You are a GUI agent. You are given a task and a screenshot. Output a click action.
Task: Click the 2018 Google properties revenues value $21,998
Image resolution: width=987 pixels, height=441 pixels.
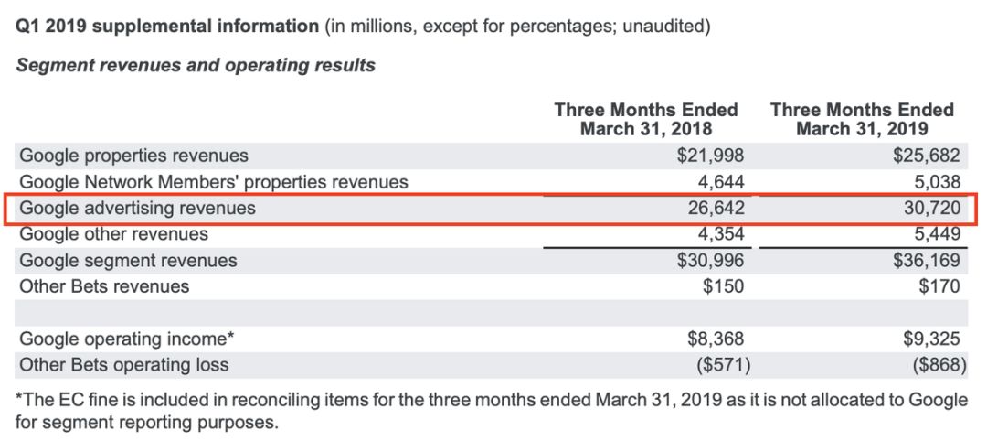[711, 156]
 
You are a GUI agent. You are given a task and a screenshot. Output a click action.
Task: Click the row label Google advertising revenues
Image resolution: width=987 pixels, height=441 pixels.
[138, 209]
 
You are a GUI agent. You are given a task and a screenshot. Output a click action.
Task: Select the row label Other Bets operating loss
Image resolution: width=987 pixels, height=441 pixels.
[124, 365]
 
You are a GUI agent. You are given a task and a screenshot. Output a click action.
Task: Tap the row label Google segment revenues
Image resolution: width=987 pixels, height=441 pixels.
[129, 261]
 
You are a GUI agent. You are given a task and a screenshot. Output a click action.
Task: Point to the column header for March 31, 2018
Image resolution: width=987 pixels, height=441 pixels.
[645, 119]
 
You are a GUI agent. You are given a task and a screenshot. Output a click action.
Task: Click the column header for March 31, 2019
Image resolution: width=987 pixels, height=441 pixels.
[862, 119]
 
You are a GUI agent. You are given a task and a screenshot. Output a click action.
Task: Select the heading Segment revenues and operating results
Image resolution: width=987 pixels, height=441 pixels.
[196, 65]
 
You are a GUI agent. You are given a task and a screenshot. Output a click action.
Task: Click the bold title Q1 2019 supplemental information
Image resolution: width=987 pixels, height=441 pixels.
[167, 27]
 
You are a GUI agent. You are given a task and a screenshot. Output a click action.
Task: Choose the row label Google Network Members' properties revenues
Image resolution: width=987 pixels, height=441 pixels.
[214, 182]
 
